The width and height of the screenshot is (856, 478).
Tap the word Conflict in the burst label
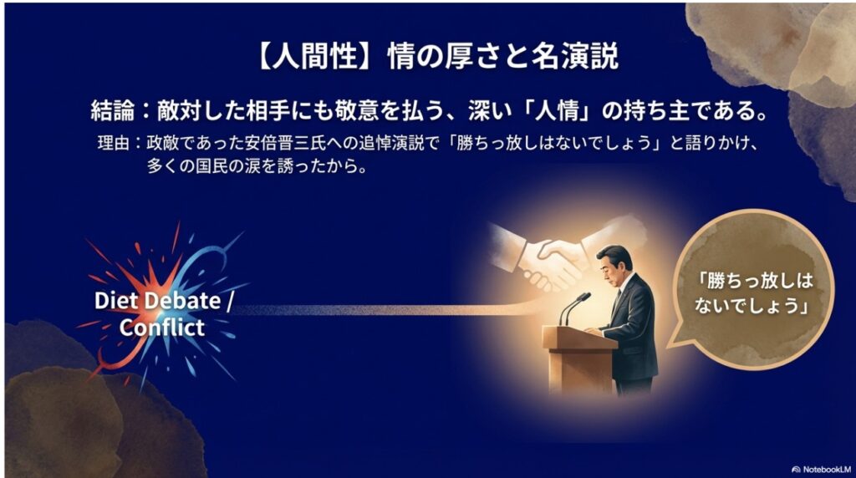point(161,327)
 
